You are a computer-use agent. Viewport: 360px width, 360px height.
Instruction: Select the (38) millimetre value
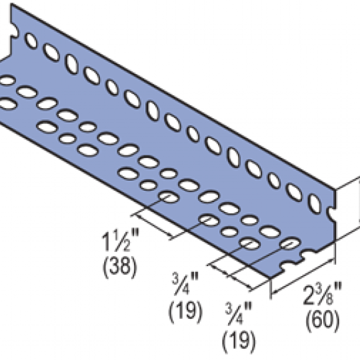tap(119, 266)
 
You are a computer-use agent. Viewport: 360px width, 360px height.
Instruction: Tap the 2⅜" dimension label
tap(323, 295)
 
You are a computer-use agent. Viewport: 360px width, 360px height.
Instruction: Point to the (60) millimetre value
tap(323, 320)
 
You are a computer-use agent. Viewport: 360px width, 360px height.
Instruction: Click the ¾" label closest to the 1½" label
tap(185, 283)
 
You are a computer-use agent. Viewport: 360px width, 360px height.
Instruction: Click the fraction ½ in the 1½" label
tap(122, 241)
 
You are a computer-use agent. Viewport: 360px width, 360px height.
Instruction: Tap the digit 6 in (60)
tap(317, 319)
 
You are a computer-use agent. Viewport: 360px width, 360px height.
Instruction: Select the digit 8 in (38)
tap(125, 266)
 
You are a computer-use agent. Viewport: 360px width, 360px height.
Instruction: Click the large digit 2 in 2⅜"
tap(309, 296)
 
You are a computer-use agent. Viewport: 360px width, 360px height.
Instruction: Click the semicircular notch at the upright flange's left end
tap(15, 30)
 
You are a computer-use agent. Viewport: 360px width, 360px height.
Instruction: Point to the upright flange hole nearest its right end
tap(315, 203)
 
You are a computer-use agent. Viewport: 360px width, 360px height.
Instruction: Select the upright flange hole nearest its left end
tap(31, 41)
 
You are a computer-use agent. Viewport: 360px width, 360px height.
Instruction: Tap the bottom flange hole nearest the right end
tap(291, 243)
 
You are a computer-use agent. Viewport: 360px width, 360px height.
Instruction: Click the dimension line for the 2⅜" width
tap(303, 276)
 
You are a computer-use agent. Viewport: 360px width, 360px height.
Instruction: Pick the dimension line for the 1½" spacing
tap(153, 225)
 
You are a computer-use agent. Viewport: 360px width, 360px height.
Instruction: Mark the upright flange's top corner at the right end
tap(335, 189)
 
